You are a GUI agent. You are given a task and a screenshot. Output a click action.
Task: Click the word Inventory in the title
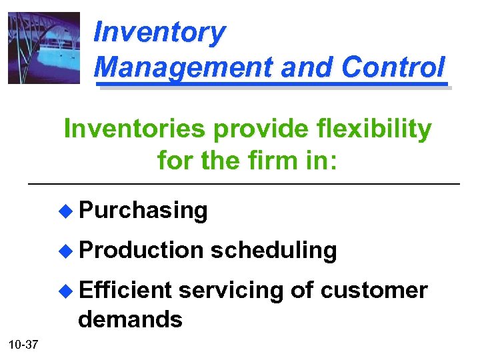[x=159, y=31]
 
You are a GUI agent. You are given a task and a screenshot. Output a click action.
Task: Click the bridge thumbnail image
[x=43, y=48]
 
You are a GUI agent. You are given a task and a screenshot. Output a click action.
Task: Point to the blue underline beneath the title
[x=270, y=85]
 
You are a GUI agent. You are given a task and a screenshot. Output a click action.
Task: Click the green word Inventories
[x=134, y=129]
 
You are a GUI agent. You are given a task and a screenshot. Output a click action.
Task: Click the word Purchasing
[x=143, y=211]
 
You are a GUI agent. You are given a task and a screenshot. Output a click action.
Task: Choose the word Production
[x=141, y=250]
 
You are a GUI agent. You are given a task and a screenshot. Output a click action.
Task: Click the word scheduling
[x=273, y=250]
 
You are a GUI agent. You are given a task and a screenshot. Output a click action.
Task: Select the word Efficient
[x=125, y=290]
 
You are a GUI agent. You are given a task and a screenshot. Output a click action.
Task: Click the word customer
[x=374, y=290]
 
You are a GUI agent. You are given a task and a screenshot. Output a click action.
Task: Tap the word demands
[x=130, y=319]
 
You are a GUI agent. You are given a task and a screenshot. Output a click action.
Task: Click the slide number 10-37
[x=23, y=345]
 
